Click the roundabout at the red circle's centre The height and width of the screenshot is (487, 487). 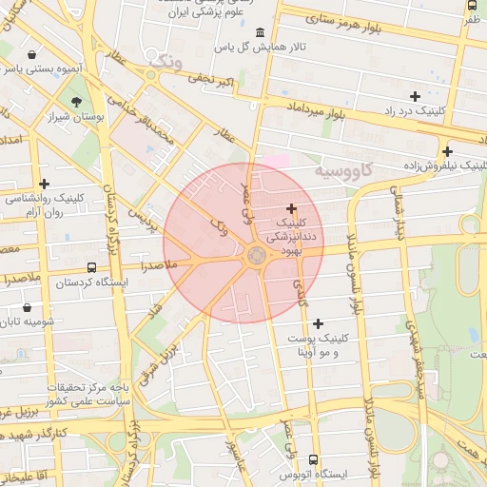click(257, 254)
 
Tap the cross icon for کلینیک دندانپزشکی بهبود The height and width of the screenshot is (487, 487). click(291, 208)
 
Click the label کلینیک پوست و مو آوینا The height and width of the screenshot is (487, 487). click(318, 344)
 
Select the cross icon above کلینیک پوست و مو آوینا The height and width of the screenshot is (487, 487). click(318, 324)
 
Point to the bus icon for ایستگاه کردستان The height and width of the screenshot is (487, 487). click(91, 268)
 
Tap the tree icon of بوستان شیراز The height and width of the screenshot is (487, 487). click(76, 100)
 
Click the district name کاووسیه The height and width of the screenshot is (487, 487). click(349, 171)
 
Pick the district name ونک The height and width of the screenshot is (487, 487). click(166, 61)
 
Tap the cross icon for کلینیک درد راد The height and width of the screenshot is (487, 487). click(415, 96)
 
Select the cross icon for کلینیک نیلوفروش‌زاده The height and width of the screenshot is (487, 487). click(447, 150)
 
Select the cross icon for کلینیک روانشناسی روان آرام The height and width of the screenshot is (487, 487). click(44, 184)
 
